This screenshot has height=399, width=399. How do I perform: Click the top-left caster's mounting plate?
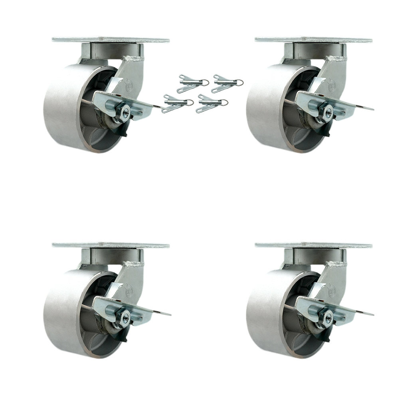(x=111, y=40)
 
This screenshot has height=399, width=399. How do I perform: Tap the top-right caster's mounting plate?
(x=314, y=40)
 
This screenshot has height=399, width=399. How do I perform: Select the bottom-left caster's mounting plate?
(x=111, y=245)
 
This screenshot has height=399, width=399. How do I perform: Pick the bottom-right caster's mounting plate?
(x=314, y=245)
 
